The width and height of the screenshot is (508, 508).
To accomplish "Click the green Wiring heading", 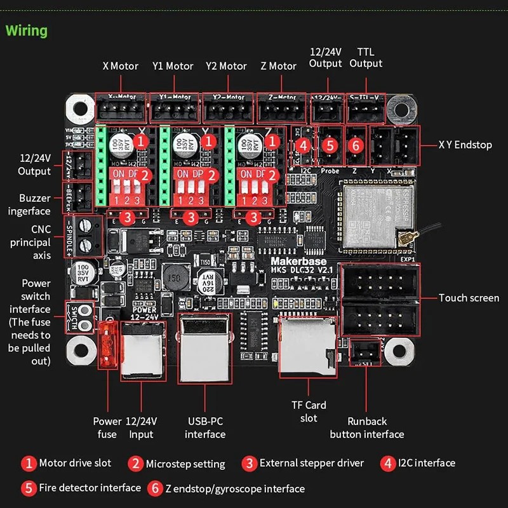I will pos(27,30).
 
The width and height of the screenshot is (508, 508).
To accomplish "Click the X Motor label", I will pos(120,66).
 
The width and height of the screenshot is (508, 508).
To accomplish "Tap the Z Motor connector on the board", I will pos(281,110).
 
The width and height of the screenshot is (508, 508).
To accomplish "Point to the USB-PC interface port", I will pos(205,349).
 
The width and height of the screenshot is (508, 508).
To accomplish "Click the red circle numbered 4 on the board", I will pos(304,145).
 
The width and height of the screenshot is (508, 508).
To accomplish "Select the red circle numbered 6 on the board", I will pos(356,145).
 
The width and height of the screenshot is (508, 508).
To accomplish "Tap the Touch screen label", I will pos(469,298).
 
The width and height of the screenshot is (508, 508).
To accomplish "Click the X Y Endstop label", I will pos(465,145).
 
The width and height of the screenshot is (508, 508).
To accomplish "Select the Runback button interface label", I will pos(367,428).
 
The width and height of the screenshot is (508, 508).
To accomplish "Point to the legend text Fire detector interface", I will pos(90,488).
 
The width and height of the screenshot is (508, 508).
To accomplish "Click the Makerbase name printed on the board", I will pos(298,260).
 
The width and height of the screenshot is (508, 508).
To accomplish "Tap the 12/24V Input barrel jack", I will pos(143,349).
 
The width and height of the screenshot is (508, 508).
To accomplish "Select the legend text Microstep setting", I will pos(185,464).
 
